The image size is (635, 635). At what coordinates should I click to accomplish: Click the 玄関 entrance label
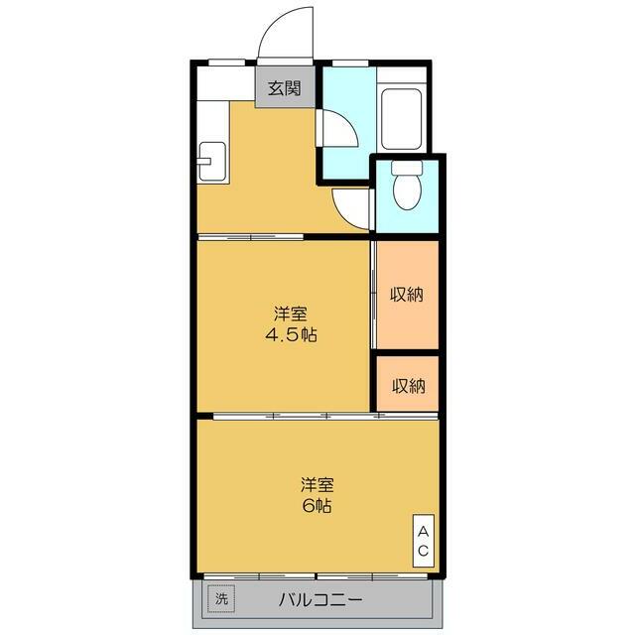coord(283,88)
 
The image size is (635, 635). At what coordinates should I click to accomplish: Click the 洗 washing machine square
coord(221,599)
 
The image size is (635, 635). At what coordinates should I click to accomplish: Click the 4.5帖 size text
coord(291,334)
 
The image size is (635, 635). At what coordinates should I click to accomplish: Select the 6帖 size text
coord(317,505)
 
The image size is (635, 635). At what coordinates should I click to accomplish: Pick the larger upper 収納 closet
coord(406,295)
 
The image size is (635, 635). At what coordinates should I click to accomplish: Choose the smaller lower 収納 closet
coord(406,384)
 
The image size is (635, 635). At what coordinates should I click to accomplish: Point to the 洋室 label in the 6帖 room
coord(317,485)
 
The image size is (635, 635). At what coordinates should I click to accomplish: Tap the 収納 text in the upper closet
coord(407,295)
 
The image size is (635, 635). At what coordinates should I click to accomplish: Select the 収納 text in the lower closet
coord(407,385)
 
